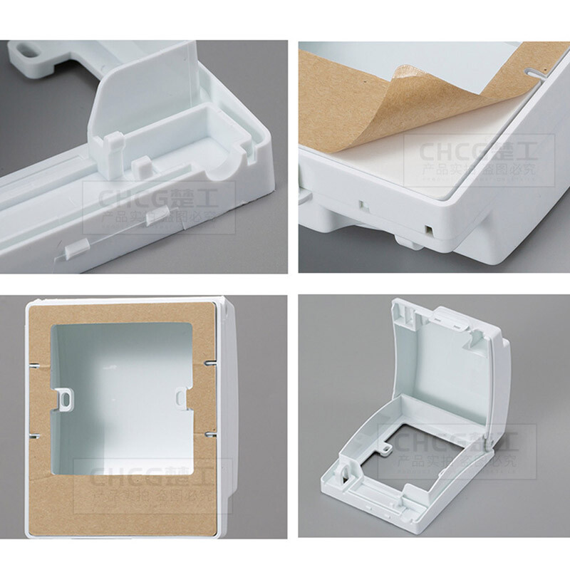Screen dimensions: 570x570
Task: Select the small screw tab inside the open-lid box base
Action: [385, 449]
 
